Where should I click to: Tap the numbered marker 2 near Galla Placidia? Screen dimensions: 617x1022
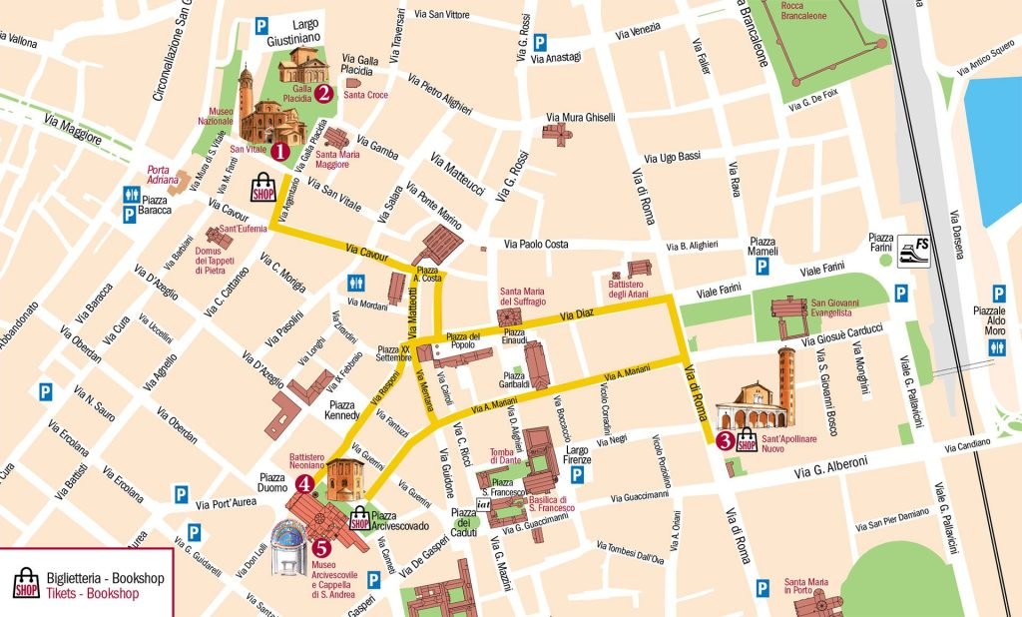(324, 93)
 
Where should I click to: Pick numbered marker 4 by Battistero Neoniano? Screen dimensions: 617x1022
(304, 484)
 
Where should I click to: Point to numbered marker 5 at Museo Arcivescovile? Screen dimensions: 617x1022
(320, 547)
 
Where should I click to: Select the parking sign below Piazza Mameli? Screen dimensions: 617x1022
(762, 267)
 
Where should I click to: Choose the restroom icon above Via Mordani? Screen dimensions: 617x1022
(356, 284)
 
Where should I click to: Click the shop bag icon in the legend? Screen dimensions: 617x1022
(26, 584)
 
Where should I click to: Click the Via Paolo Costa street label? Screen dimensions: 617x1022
(536, 245)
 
